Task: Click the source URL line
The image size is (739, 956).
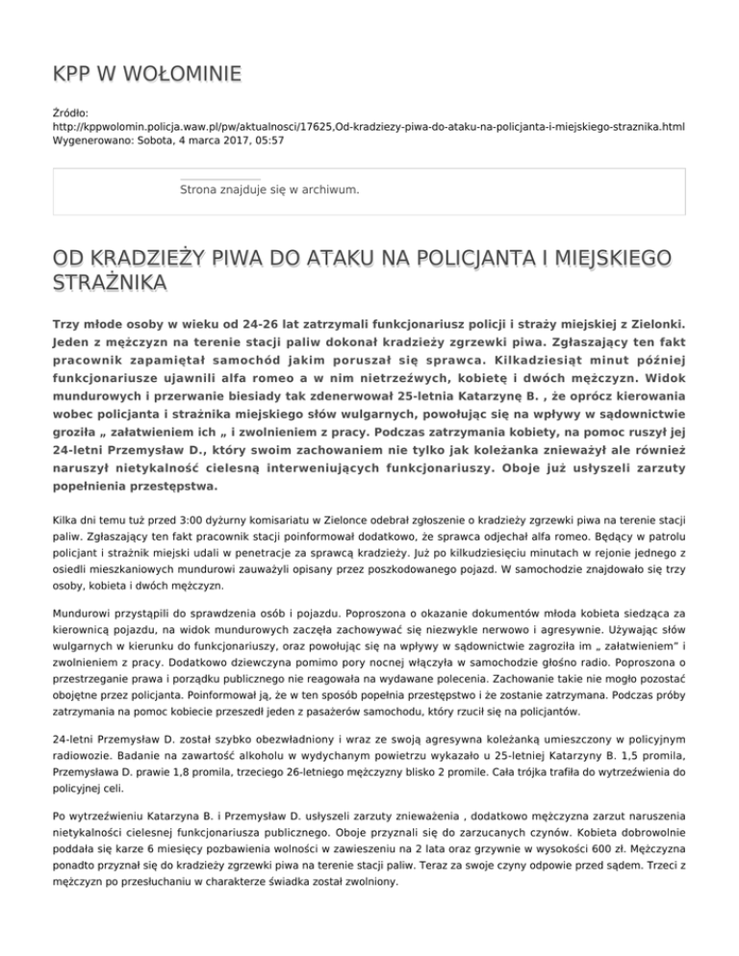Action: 369,126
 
